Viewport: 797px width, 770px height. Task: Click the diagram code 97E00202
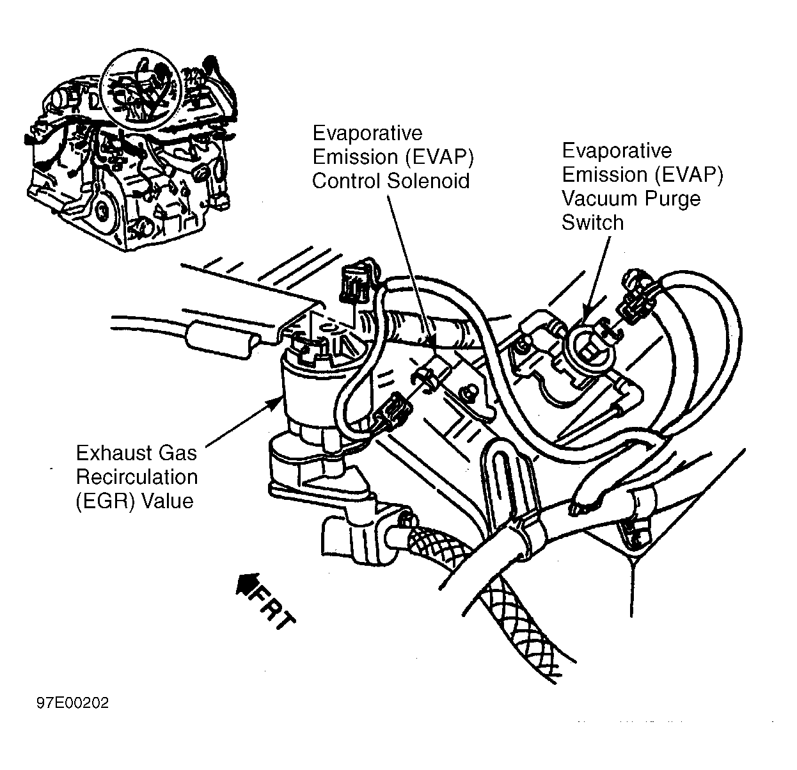pos(72,703)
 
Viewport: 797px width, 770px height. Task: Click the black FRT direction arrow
pos(245,584)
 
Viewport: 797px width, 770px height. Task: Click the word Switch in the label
pos(592,222)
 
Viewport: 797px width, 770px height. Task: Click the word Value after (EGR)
pos(168,501)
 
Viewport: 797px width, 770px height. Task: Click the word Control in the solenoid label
pos(347,181)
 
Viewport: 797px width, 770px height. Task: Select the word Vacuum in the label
pos(601,198)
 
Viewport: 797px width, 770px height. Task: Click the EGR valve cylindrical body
pos(307,390)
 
